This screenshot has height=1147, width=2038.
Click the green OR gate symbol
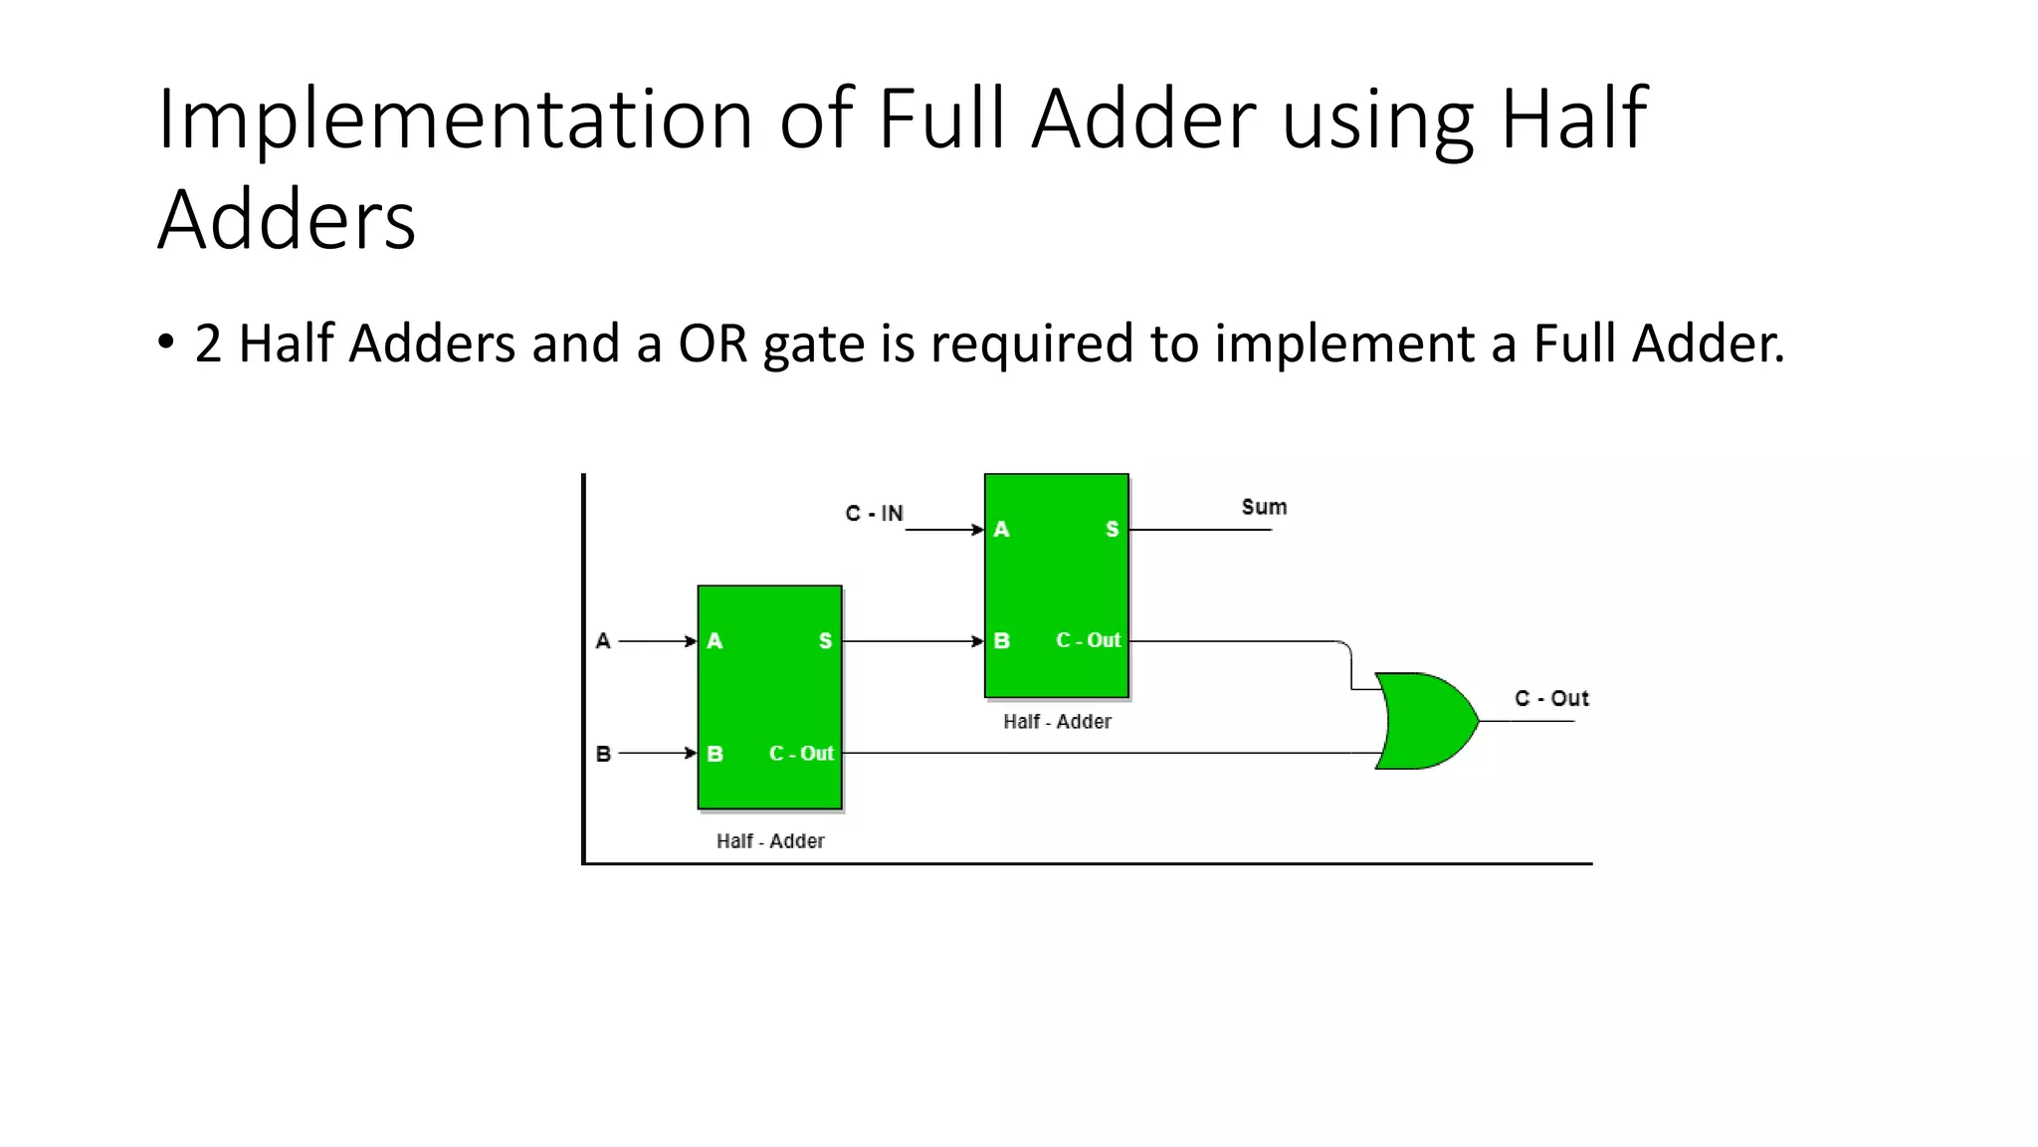tap(1425, 721)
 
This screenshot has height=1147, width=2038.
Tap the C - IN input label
tap(874, 514)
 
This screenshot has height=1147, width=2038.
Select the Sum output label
tap(1264, 507)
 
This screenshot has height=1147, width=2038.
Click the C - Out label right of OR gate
tap(1551, 698)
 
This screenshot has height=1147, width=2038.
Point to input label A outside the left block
tap(603, 641)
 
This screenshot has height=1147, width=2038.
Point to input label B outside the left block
tap(603, 754)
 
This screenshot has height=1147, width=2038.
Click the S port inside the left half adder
tap(825, 641)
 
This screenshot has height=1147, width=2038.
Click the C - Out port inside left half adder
tap(801, 754)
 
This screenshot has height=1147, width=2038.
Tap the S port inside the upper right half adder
tap(1112, 530)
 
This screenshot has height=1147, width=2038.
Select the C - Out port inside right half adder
tap(1088, 640)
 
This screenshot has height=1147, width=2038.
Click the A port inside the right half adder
tap(1002, 530)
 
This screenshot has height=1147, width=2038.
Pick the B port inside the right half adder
tap(1002, 641)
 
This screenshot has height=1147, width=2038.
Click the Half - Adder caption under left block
tap(770, 841)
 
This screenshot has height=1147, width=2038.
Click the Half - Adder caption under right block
tap(1057, 722)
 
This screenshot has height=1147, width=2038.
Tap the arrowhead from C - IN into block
tap(978, 530)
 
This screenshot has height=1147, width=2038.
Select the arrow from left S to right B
tap(911, 641)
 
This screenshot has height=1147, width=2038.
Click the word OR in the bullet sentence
tap(713, 344)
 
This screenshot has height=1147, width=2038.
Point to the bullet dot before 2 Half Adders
tap(166, 343)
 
